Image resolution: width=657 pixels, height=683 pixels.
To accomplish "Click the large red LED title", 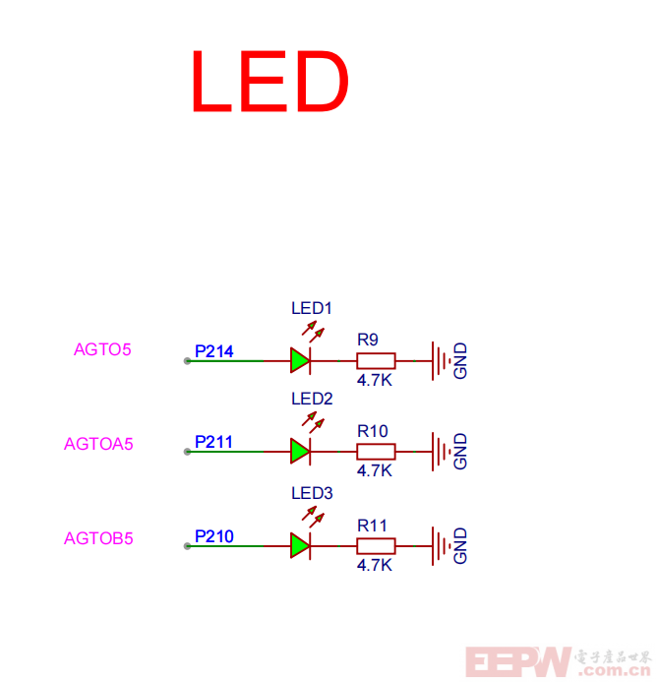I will [269, 82].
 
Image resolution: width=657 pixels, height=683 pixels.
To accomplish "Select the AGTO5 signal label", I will [102, 349].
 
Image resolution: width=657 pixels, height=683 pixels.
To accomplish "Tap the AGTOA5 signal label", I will [98, 444].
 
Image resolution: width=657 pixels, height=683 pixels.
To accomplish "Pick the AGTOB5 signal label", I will [98, 538].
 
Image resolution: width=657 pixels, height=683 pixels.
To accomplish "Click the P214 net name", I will [213, 350].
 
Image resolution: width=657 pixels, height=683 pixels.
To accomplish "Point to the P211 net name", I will [213, 442].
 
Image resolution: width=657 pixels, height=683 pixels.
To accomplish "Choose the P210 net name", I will [213, 536].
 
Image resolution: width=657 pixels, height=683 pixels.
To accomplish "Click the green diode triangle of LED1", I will [300, 360].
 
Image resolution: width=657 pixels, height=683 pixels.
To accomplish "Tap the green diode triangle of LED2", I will [300, 452].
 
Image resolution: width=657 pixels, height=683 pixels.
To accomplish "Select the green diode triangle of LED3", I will [300, 545].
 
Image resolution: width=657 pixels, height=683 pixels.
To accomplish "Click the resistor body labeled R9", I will [376, 360].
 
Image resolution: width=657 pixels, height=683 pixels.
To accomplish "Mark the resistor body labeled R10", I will [376, 452].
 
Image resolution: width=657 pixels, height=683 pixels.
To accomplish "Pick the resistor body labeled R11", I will [376, 545].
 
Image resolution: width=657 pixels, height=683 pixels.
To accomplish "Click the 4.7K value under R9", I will [375, 379].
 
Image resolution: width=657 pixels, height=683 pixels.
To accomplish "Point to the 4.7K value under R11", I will [375, 565].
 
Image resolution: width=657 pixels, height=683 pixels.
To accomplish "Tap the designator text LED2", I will [312, 400].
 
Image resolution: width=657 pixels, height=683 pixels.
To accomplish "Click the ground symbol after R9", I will [440, 360].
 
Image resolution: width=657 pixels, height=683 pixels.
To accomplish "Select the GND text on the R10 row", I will [460, 452].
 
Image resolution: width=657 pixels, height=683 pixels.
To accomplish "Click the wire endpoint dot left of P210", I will [187, 546].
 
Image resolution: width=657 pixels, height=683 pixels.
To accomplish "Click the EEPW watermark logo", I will [518, 661].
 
